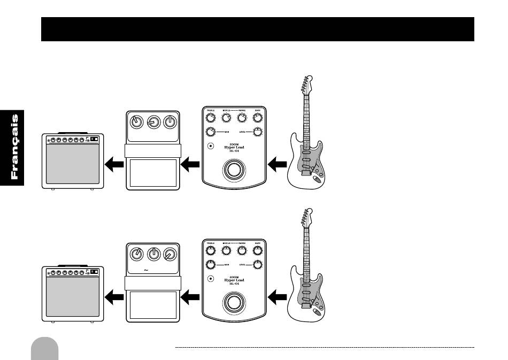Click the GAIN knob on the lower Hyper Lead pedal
point(211,264)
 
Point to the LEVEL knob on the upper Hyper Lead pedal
point(257,132)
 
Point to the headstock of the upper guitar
point(305,84)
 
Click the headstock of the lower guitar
point(305,217)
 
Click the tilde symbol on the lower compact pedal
point(145,270)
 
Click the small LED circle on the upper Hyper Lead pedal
point(211,147)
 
